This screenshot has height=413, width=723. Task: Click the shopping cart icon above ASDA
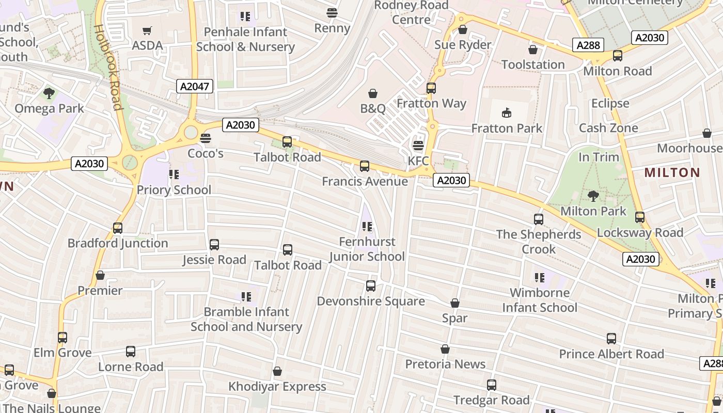[x=147, y=31]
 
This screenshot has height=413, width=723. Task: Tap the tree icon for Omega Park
[x=49, y=93]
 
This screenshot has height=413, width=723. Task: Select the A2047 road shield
[x=195, y=86]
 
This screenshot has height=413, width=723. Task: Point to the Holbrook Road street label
[x=108, y=67]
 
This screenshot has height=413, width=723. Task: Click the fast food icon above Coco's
[x=205, y=138]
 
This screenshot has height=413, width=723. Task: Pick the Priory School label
[x=174, y=190]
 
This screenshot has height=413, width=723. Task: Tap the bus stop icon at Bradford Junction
[x=118, y=228]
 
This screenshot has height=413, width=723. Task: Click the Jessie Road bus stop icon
[x=214, y=245]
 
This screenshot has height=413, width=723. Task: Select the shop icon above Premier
[x=100, y=275]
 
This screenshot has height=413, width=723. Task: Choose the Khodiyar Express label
[x=277, y=386]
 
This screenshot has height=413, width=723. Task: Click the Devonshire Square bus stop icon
[x=371, y=286]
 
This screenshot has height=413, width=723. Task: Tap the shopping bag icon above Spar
[x=455, y=303]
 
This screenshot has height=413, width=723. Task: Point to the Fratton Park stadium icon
[x=507, y=113]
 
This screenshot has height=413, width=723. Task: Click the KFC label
[x=418, y=161]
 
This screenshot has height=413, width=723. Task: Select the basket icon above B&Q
[x=373, y=93]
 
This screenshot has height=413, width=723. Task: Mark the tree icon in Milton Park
[x=593, y=196]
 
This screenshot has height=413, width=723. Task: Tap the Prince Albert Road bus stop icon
[x=611, y=339]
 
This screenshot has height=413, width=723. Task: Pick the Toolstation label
[x=533, y=65]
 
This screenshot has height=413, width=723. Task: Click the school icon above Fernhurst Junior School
[x=367, y=226]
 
